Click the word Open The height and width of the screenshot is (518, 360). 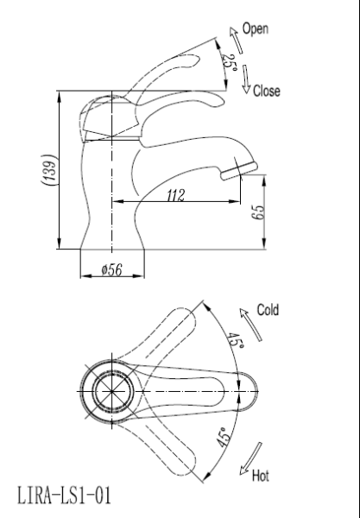pyautogui.click(x=255, y=28)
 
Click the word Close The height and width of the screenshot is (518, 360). pyautogui.click(x=267, y=91)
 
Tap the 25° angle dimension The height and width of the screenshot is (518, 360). pyautogui.click(x=230, y=62)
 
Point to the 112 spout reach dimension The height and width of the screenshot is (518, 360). pyautogui.click(x=176, y=195)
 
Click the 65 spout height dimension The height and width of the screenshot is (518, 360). pyautogui.click(x=258, y=212)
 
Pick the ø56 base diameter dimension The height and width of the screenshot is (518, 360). pyautogui.click(x=112, y=270)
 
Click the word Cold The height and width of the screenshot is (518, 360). pyautogui.click(x=268, y=310)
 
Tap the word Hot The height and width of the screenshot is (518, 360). pyautogui.click(x=261, y=476)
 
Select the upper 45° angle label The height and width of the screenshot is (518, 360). pyautogui.click(x=236, y=342)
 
